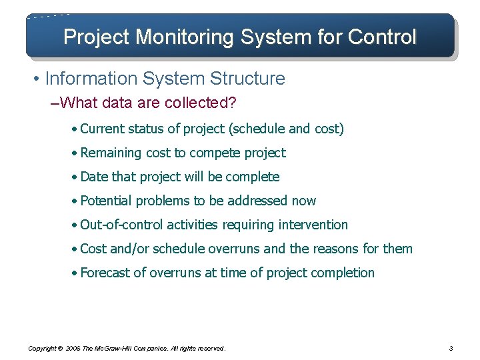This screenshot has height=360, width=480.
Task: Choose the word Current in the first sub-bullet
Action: pos(103,129)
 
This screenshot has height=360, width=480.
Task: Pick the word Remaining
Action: pos(111,153)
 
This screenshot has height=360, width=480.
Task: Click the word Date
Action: pos(94,177)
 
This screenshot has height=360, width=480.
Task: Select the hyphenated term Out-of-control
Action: pos(121,225)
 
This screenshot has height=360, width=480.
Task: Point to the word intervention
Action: pos(313,225)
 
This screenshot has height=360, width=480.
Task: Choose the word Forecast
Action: pos(106,273)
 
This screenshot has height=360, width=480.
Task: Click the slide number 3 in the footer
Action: pos(451,348)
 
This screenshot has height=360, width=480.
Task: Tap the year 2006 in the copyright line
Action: pos(73,348)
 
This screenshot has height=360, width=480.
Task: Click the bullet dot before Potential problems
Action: pos(75,201)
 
